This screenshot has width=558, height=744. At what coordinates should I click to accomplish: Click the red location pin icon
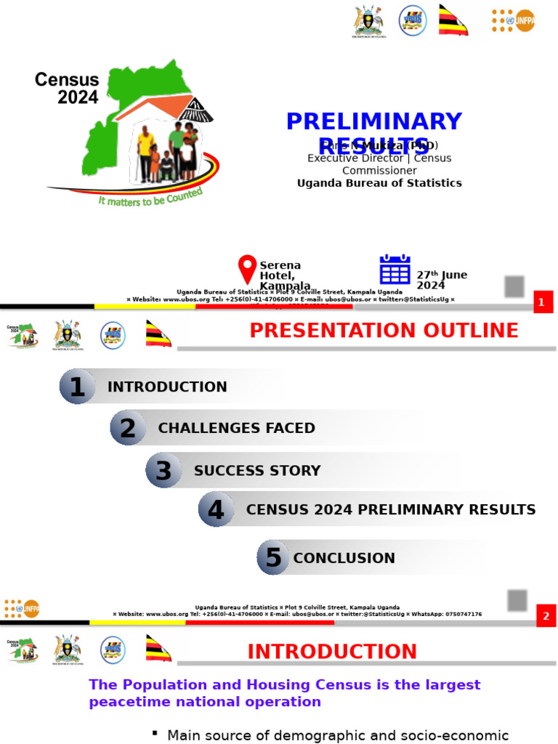click(x=248, y=269)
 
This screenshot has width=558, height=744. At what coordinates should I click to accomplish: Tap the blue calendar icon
click(x=395, y=270)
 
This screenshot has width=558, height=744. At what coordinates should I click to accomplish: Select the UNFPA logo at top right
click(x=513, y=20)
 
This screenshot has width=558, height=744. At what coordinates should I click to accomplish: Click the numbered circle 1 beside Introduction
click(x=77, y=387)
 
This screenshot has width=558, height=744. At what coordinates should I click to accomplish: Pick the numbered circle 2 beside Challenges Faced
click(x=128, y=428)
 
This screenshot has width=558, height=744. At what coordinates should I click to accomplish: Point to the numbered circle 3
click(x=163, y=470)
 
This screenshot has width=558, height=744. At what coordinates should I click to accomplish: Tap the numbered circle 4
click(x=216, y=509)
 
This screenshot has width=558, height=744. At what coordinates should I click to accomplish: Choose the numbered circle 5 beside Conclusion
click(x=273, y=558)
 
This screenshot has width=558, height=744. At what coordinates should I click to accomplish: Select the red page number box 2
click(x=546, y=617)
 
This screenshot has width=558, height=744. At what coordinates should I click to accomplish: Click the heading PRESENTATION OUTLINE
click(x=384, y=331)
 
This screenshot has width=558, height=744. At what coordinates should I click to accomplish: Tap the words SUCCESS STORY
click(x=257, y=470)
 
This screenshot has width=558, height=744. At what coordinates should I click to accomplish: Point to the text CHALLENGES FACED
click(x=237, y=428)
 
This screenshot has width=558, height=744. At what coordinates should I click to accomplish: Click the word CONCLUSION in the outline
click(x=344, y=558)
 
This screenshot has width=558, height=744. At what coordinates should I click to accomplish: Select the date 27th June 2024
click(x=441, y=280)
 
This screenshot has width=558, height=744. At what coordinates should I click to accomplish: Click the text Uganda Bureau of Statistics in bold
click(x=379, y=183)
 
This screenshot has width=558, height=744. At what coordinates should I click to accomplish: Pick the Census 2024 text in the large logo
click(x=67, y=88)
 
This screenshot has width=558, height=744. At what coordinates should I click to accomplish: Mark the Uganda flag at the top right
click(x=453, y=20)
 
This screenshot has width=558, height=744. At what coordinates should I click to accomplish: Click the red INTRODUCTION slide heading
click(x=333, y=652)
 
